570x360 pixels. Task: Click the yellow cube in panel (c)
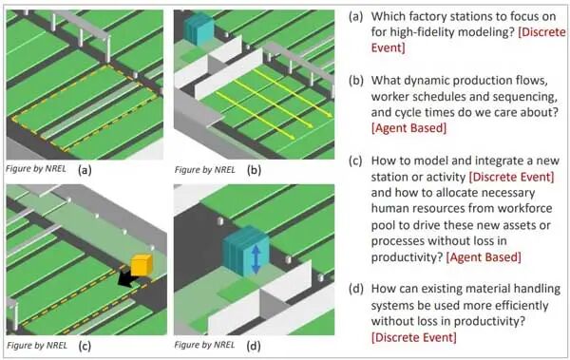[141, 265]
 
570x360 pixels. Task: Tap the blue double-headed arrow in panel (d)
[256, 259]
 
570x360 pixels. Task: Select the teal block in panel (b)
[198, 28]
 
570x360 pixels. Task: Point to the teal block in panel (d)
[245, 252]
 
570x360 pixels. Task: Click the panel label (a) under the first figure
[85, 169]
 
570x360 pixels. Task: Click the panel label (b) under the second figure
[254, 170]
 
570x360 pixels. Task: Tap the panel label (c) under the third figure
[85, 346]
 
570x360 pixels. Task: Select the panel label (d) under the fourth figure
[254, 346]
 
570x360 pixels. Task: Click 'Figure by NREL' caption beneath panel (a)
[36, 169]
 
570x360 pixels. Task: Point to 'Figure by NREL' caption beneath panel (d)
[204, 345]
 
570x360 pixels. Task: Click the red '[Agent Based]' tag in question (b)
[408, 128]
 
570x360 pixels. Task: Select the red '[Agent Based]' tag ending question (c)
[484, 257]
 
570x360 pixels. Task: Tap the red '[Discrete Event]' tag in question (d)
[413, 337]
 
